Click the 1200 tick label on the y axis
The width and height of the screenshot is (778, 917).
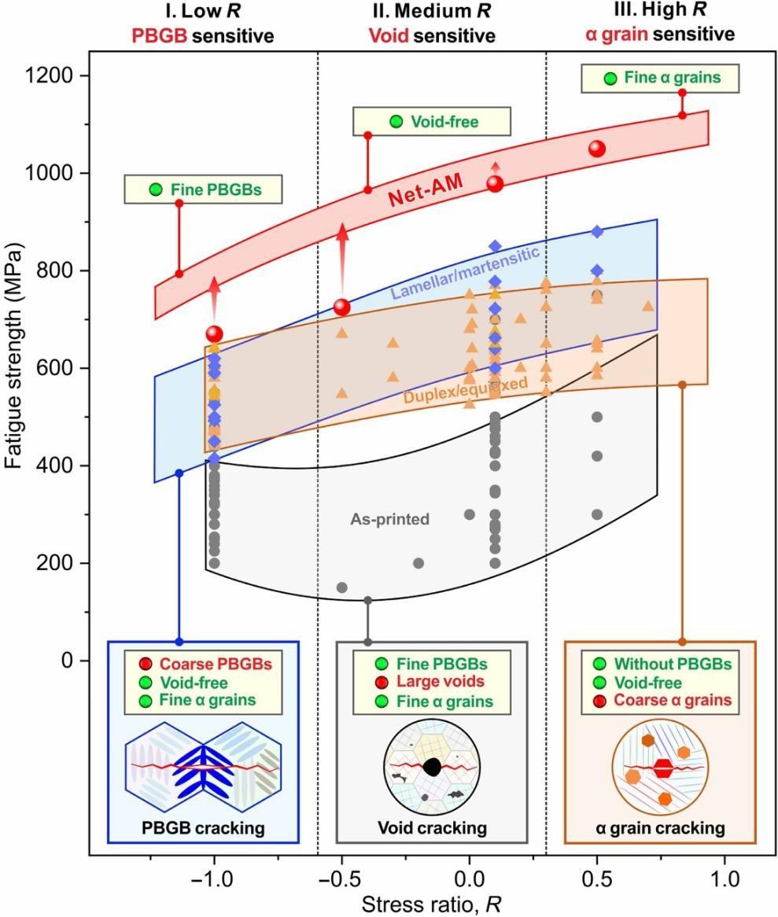click(50, 76)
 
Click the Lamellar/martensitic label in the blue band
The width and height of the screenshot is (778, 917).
click(464, 273)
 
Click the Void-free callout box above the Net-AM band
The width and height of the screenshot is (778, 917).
click(431, 122)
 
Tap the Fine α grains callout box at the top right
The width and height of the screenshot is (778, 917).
click(660, 78)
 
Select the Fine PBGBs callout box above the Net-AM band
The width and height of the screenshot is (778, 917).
click(203, 189)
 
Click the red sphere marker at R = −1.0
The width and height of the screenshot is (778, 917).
click(215, 333)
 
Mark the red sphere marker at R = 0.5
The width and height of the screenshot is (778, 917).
click(597, 149)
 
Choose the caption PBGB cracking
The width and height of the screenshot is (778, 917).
click(203, 827)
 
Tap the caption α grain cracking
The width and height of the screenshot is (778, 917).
click(660, 827)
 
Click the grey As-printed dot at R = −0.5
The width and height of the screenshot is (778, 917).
click(342, 587)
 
